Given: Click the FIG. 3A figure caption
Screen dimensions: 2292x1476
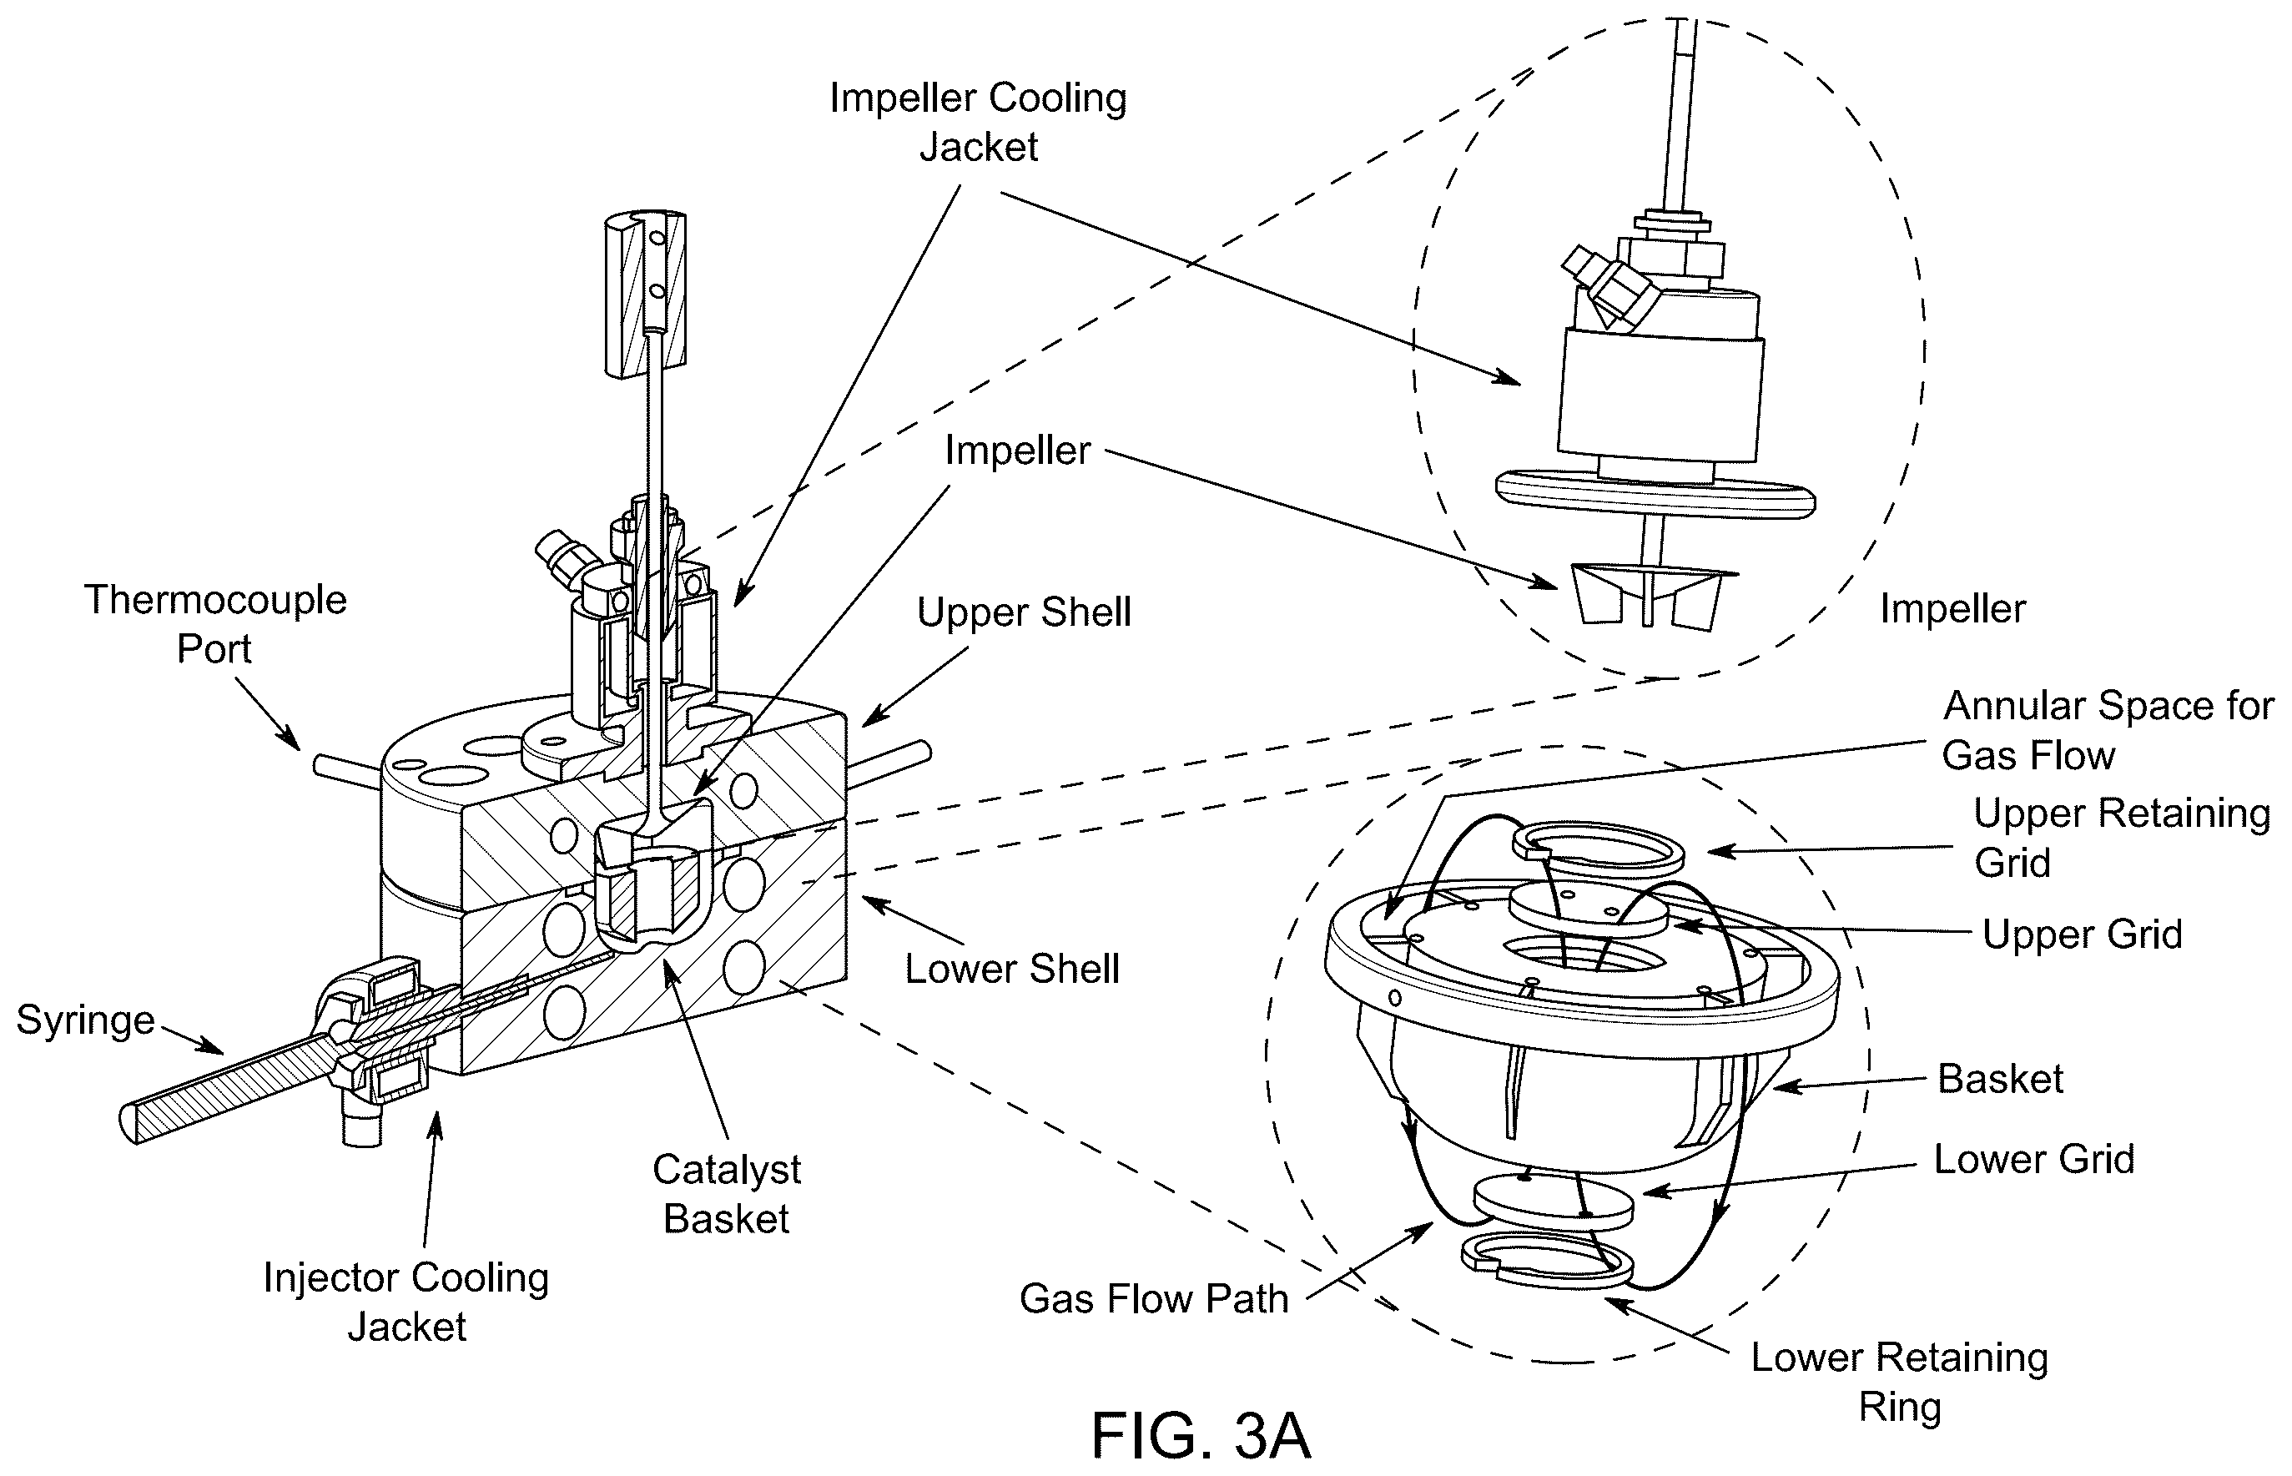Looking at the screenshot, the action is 1200,1435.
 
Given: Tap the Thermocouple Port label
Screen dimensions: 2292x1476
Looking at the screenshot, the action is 214,624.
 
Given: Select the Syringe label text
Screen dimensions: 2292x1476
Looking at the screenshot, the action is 85,1020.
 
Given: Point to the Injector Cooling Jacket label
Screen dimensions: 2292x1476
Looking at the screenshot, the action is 406,1302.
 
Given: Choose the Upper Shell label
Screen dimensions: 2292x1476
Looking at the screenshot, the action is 1024,612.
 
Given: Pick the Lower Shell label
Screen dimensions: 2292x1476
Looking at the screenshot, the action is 1012,969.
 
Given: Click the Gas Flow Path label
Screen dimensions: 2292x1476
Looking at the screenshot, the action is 1154,1298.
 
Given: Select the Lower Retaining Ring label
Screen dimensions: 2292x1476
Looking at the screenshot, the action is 1899,1381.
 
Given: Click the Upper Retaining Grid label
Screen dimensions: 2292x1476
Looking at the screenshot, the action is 2122,838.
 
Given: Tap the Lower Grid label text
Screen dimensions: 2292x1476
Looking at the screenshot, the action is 2033,1159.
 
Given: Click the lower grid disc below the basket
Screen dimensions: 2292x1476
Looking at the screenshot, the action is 1552,1203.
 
